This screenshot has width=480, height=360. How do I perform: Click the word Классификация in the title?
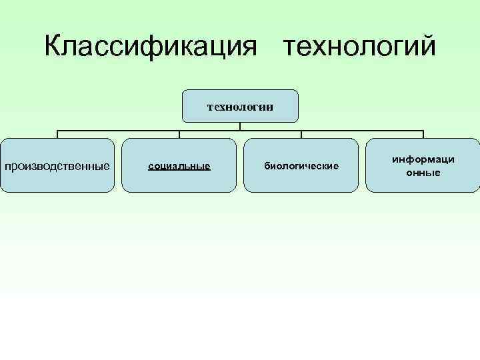tap(151, 47)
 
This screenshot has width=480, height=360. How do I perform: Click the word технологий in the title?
tap(359, 47)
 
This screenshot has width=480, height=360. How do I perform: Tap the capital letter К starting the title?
tap(53, 47)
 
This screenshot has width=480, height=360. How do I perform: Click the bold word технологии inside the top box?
tap(240, 106)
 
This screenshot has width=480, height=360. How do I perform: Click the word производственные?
tap(57, 165)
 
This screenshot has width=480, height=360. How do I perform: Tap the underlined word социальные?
tap(179, 165)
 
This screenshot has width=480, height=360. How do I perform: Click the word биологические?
tap(301, 165)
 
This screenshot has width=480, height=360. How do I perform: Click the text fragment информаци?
tap(423, 160)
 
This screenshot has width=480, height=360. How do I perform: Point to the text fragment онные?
tap(423, 173)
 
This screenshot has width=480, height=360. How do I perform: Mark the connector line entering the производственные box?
tap(57, 133)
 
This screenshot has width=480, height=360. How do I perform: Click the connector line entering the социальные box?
tap(179, 133)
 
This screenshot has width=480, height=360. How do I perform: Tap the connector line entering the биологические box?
tap(301, 133)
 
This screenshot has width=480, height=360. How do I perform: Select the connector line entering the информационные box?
tap(423, 133)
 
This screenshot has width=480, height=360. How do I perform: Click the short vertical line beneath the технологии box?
tap(240, 125)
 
